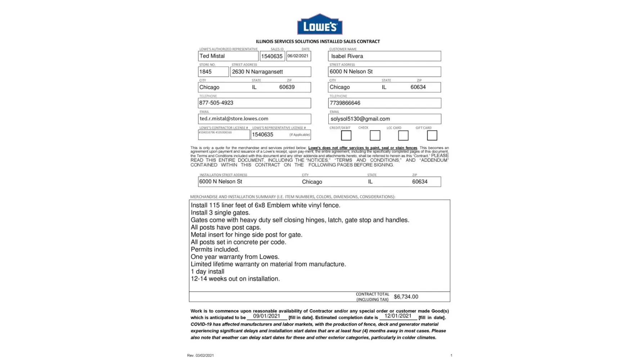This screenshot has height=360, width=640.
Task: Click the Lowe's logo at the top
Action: click(x=320, y=24)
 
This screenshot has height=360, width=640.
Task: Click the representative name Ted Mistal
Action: click(x=212, y=56)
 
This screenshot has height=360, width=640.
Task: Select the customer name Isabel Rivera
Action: click(x=347, y=56)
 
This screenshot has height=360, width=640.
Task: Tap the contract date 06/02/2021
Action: click(x=298, y=56)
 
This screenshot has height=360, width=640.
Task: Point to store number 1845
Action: click(x=206, y=72)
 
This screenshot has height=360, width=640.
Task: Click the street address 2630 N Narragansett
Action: click(x=257, y=72)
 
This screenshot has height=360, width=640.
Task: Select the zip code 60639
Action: click(x=287, y=87)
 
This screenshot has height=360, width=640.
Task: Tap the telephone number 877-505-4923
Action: click(x=216, y=103)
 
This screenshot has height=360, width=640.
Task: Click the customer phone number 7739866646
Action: click(x=345, y=103)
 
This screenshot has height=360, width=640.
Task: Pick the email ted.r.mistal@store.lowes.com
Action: click(x=234, y=118)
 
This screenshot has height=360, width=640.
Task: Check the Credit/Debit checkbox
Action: click(x=346, y=135)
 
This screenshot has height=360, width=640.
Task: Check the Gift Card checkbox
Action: click(x=432, y=135)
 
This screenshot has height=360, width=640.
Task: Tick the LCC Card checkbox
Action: click(x=403, y=135)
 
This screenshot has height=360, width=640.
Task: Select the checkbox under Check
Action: click(x=375, y=135)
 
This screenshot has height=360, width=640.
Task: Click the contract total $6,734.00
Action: click(x=406, y=297)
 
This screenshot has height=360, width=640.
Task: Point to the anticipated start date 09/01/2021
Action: click(x=266, y=316)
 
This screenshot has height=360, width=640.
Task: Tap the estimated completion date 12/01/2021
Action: click(x=398, y=316)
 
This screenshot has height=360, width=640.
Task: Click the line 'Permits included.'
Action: click(x=215, y=249)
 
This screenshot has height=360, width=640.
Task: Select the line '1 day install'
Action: click(x=207, y=271)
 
